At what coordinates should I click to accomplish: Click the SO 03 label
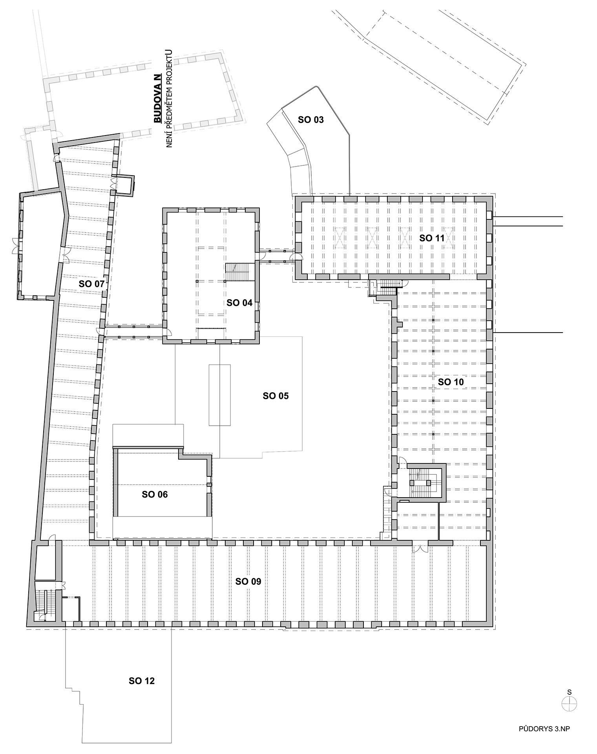pos(311,120)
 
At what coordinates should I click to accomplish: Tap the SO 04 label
pos(239,302)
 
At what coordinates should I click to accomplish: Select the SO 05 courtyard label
pos(276,396)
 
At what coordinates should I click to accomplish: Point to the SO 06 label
pos(155,494)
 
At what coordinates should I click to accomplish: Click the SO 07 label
pos(92,284)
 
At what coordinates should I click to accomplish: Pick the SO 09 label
pos(248,582)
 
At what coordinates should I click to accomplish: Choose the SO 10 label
pos(451,382)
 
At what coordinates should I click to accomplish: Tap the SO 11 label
pos(432,238)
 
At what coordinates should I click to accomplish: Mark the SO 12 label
pos(142,681)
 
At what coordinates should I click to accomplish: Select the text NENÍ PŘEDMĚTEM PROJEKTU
pos(170,99)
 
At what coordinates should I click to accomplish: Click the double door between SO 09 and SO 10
pos(420,547)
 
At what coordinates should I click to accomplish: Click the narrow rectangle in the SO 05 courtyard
pos(220,395)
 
